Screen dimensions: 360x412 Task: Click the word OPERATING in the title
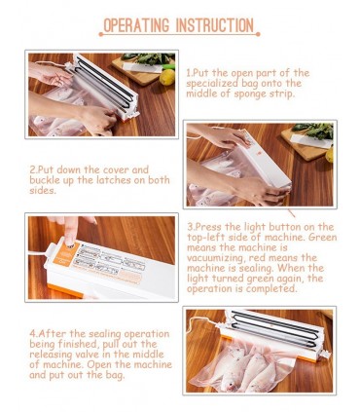click(136, 25)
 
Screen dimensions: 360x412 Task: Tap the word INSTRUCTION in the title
click(215, 25)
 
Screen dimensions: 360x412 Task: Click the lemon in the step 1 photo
click(167, 77)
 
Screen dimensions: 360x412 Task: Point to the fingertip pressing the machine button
click(70, 240)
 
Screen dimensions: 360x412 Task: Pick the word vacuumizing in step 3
click(215, 258)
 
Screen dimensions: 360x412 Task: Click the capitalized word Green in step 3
click(322, 237)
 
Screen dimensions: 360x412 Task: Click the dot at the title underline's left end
click(101, 34)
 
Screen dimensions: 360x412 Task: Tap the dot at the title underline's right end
click(258, 34)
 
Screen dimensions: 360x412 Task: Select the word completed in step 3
click(270, 289)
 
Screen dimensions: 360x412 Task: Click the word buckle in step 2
click(45, 180)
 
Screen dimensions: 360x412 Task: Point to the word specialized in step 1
click(212, 84)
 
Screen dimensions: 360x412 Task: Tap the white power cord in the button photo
click(37, 252)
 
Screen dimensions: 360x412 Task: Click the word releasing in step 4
click(52, 355)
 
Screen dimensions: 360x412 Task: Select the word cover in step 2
click(116, 169)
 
